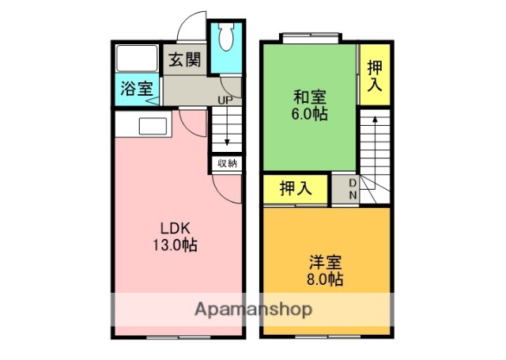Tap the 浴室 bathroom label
point(137,89)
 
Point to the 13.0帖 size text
point(175,245)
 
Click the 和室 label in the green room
point(310,98)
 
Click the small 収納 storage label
point(227,164)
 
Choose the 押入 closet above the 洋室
point(294,189)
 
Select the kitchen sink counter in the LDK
point(151,125)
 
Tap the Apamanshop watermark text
point(252,309)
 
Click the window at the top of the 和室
point(311,36)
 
